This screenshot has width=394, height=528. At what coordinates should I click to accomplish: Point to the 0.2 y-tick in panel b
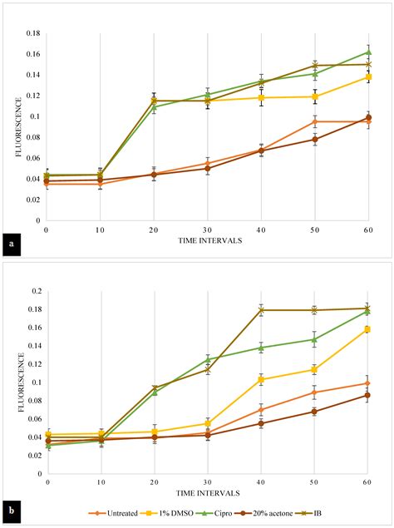click(33, 292)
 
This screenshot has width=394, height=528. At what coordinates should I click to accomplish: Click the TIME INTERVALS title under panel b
click(208, 493)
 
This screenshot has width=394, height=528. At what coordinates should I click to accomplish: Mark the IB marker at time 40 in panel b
click(261, 310)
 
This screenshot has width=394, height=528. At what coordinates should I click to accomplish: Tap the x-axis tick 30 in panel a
click(207, 229)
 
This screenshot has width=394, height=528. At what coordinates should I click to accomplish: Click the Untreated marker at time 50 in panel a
click(314, 122)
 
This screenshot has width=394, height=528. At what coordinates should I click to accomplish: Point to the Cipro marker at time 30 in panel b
click(208, 359)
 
